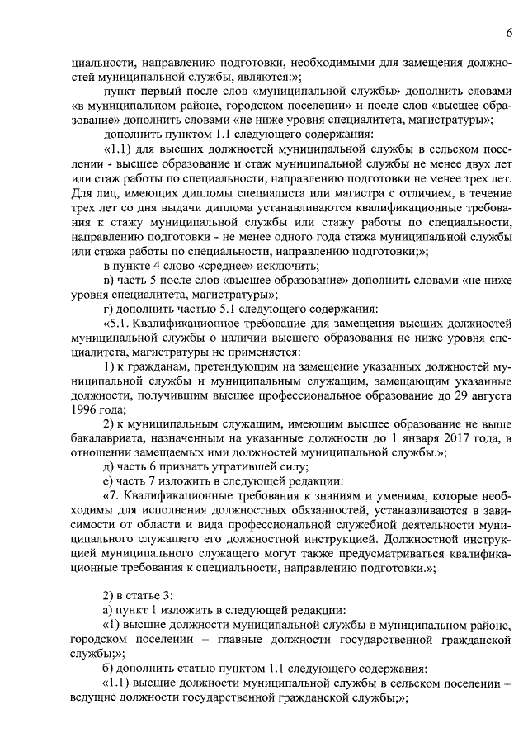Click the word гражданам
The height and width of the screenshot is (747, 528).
153,366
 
